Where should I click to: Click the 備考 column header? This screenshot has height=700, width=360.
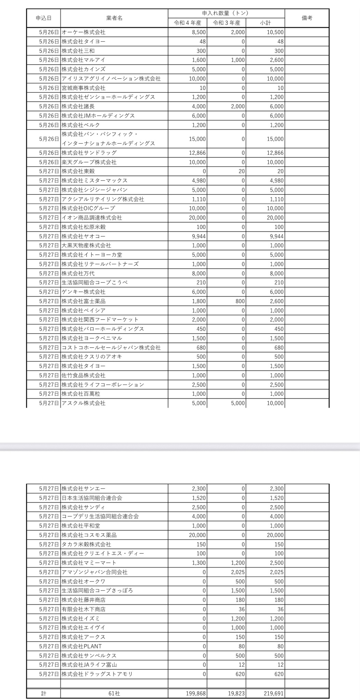pyautogui.click(x=307, y=18)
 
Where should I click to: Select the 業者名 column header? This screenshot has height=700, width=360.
pyautogui.click(x=114, y=18)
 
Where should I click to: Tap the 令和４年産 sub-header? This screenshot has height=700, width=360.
pyautogui.click(x=187, y=23)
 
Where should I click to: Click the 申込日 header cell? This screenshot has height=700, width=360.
pyautogui.click(x=43, y=18)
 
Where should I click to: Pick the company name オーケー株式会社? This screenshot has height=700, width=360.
pyautogui.click(x=84, y=32)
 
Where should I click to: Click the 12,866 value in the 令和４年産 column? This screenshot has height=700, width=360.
pyautogui.click(x=197, y=153)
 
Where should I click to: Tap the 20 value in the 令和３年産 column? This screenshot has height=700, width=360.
pyautogui.click(x=241, y=171)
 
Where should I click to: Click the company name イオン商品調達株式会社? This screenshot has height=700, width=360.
pyautogui.click(x=92, y=218)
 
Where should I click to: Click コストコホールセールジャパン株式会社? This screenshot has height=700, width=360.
pyautogui.click(x=111, y=348)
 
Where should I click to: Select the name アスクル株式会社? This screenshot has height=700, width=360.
pyautogui.click(x=84, y=403)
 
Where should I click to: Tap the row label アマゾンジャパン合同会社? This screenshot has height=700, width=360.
pyautogui.click(x=95, y=572)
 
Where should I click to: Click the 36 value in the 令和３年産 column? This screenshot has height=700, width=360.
pyautogui.click(x=241, y=609)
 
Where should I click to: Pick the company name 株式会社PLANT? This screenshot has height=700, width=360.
pyautogui.click(x=82, y=646)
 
